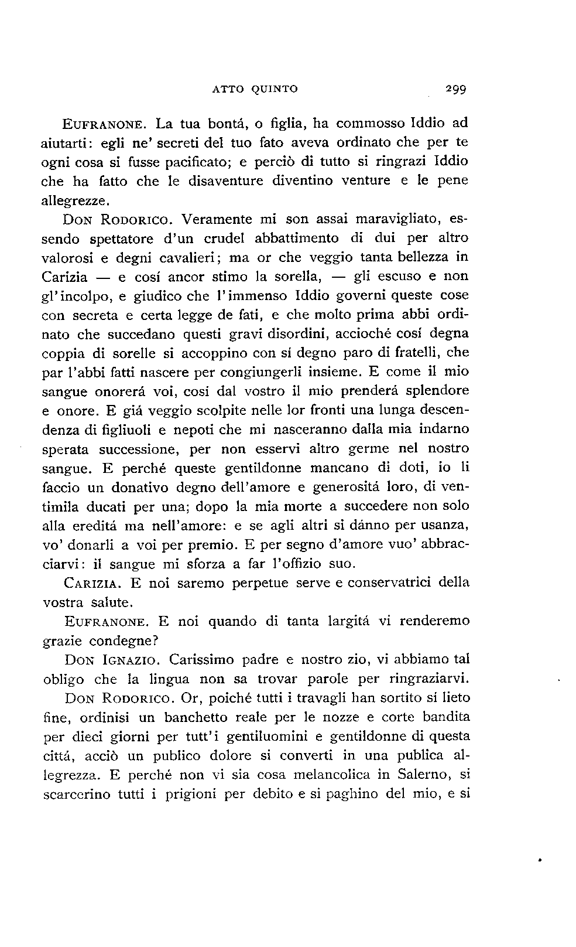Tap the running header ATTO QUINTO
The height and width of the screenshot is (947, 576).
coord(255,89)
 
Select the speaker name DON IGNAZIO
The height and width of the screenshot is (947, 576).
coord(111,660)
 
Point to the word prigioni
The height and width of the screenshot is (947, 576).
coord(193,795)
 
